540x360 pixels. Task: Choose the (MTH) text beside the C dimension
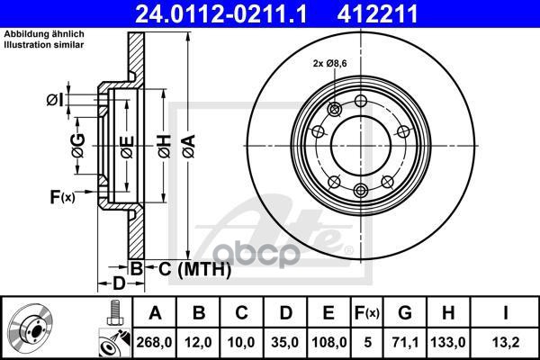pyautogui.click(x=206, y=268)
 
